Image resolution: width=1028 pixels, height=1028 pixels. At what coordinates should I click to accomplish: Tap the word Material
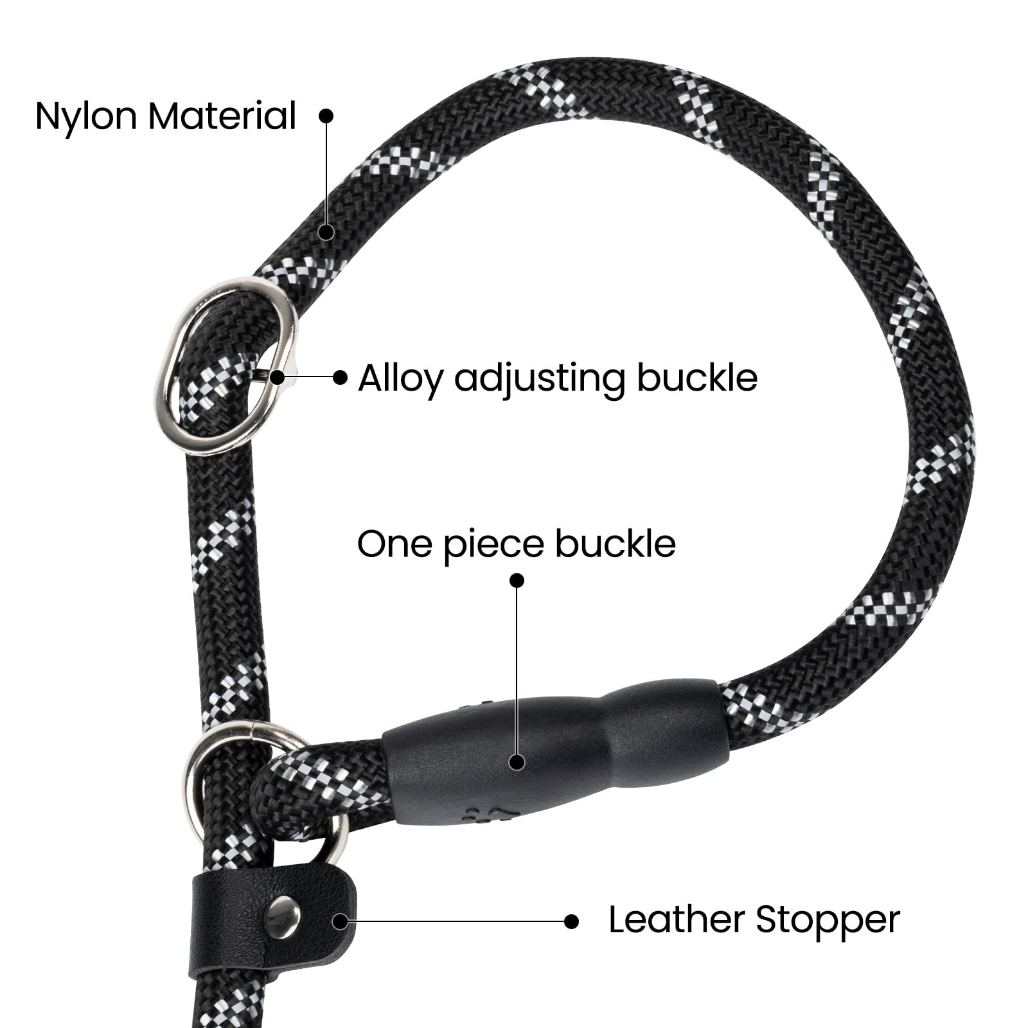click(x=222, y=116)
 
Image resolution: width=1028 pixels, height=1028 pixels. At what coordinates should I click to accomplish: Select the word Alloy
click(x=400, y=379)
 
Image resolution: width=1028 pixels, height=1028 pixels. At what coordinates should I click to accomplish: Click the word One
click(x=394, y=544)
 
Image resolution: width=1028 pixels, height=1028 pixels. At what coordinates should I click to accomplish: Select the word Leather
click(x=677, y=919)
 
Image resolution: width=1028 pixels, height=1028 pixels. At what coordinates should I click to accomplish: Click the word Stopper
click(x=828, y=921)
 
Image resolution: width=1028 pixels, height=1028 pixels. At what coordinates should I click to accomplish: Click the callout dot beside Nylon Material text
click(x=326, y=115)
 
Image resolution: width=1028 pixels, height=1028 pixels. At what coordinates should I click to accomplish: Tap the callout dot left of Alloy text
click(x=341, y=377)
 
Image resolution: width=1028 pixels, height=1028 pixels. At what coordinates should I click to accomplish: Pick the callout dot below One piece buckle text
click(x=517, y=580)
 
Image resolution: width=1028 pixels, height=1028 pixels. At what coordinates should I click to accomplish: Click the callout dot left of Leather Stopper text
click(x=571, y=921)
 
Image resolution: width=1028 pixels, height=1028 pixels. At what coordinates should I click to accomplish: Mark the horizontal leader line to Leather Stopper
click(x=456, y=921)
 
